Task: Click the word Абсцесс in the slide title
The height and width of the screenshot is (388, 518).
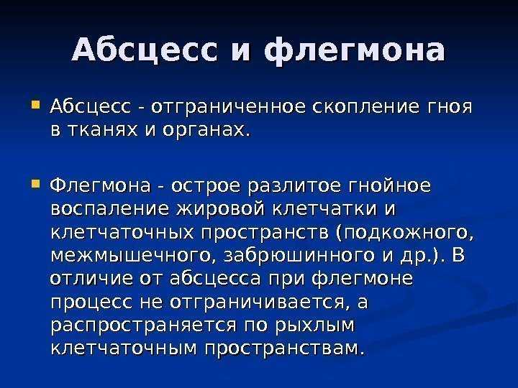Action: point(145,50)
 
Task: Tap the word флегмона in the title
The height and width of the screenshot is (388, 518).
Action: point(355,51)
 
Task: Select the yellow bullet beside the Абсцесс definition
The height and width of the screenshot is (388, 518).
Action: point(35,106)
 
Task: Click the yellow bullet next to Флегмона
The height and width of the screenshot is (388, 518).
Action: point(35,183)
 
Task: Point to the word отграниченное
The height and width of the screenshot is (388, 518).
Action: point(228,107)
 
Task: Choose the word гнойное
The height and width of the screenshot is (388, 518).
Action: point(390,185)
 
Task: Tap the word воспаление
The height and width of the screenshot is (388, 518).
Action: point(110,209)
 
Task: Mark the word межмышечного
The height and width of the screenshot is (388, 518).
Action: point(130,256)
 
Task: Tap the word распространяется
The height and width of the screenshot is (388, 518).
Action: point(144,325)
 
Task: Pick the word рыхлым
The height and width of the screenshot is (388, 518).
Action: point(314,325)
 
